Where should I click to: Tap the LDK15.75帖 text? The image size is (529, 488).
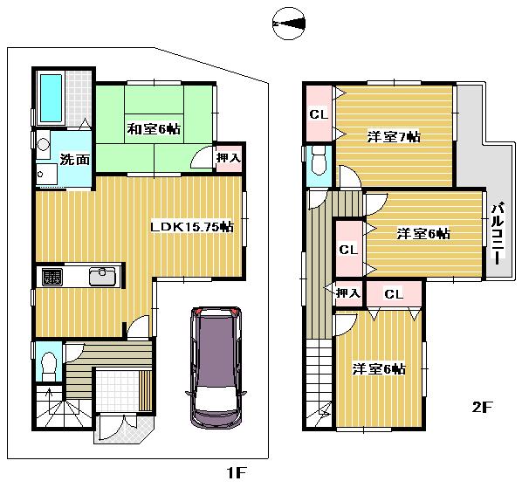[x=191, y=227]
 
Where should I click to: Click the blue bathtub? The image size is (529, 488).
[x=50, y=98]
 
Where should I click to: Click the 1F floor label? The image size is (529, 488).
[x=235, y=473]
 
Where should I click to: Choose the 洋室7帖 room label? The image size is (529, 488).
[x=393, y=136]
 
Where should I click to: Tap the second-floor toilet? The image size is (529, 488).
[x=319, y=162]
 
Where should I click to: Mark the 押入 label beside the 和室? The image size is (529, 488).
[x=229, y=159]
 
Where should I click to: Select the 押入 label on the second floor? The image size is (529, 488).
[x=347, y=292]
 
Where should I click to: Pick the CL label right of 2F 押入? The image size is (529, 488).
[x=393, y=294]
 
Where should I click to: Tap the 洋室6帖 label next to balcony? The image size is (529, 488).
[x=423, y=233]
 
